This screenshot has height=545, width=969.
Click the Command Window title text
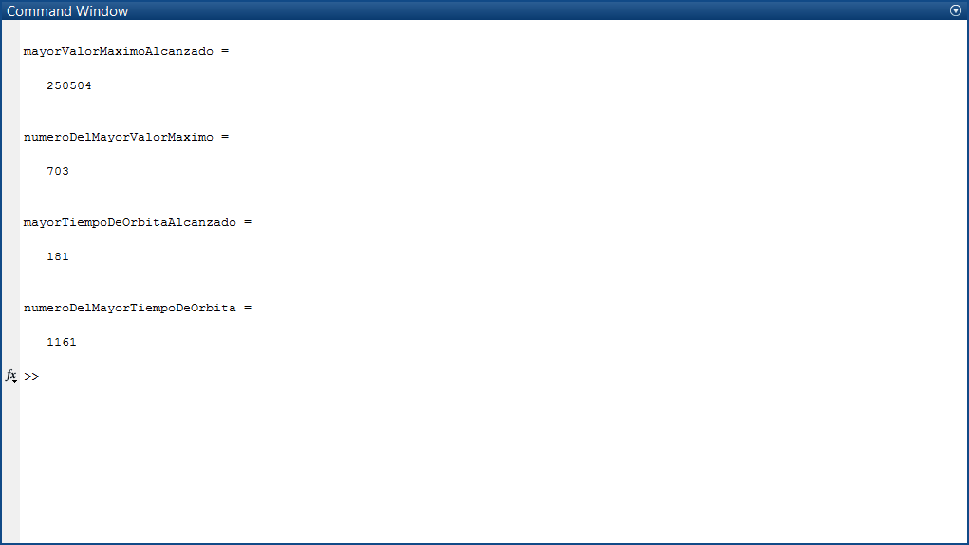pyautogui.click(x=67, y=11)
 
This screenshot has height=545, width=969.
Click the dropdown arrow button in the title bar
pyautogui.click(x=956, y=10)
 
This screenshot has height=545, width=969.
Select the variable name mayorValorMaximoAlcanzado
pyautogui.click(x=118, y=52)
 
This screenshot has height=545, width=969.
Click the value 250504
pyautogui.click(x=69, y=85)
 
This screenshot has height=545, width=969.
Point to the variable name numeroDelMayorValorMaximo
pyautogui.click(x=118, y=137)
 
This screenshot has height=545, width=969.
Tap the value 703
pyautogui.click(x=58, y=171)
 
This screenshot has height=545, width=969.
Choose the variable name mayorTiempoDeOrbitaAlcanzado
pyautogui.click(x=130, y=222)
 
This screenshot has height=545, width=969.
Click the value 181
pyautogui.click(x=58, y=256)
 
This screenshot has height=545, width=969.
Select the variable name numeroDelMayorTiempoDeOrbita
pyautogui.click(x=130, y=308)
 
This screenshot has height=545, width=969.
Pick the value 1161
pyautogui.click(x=62, y=342)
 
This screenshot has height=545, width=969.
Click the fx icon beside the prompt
pyautogui.click(x=11, y=375)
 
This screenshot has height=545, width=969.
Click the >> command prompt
pyautogui.click(x=31, y=376)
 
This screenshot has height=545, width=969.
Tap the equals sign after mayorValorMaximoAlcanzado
pyautogui.click(x=225, y=52)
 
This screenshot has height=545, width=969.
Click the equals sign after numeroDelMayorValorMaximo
pyautogui.click(x=225, y=137)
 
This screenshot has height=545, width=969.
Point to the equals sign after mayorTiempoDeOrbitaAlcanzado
pyautogui.click(x=248, y=222)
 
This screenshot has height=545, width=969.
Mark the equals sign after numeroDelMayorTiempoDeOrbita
pyautogui.click(x=248, y=308)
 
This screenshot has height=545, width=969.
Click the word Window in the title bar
pyautogui.click(x=103, y=11)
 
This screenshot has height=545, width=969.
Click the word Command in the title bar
pyautogui.click(x=41, y=11)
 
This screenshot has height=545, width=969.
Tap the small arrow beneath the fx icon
pyautogui.click(x=14, y=381)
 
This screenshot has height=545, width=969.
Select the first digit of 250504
pyautogui.click(x=50, y=85)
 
